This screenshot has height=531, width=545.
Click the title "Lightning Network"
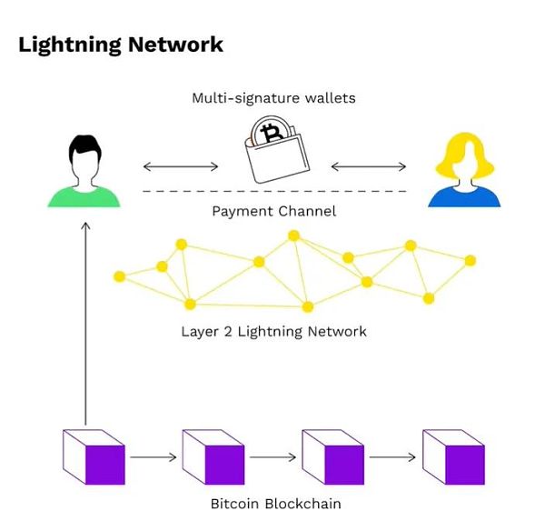click(x=120, y=44)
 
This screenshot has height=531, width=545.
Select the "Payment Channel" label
click(x=273, y=212)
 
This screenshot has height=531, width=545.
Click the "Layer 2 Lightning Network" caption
click(x=273, y=331)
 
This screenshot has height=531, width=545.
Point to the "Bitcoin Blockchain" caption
click(x=274, y=503)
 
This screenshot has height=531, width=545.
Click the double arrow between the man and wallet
click(x=181, y=166)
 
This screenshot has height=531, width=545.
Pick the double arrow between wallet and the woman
click(x=369, y=166)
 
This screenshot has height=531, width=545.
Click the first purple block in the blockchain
click(x=94, y=456)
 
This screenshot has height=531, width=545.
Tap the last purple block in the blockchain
click(x=453, y=456)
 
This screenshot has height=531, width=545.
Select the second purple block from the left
click(x=214, y=456)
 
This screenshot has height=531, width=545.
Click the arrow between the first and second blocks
click(x=154, y=456)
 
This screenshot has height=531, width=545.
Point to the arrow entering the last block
click(x=393, y=456)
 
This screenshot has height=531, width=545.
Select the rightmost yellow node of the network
click(x=471, y=261)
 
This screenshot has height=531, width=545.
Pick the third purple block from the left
click(x=333, y=456)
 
